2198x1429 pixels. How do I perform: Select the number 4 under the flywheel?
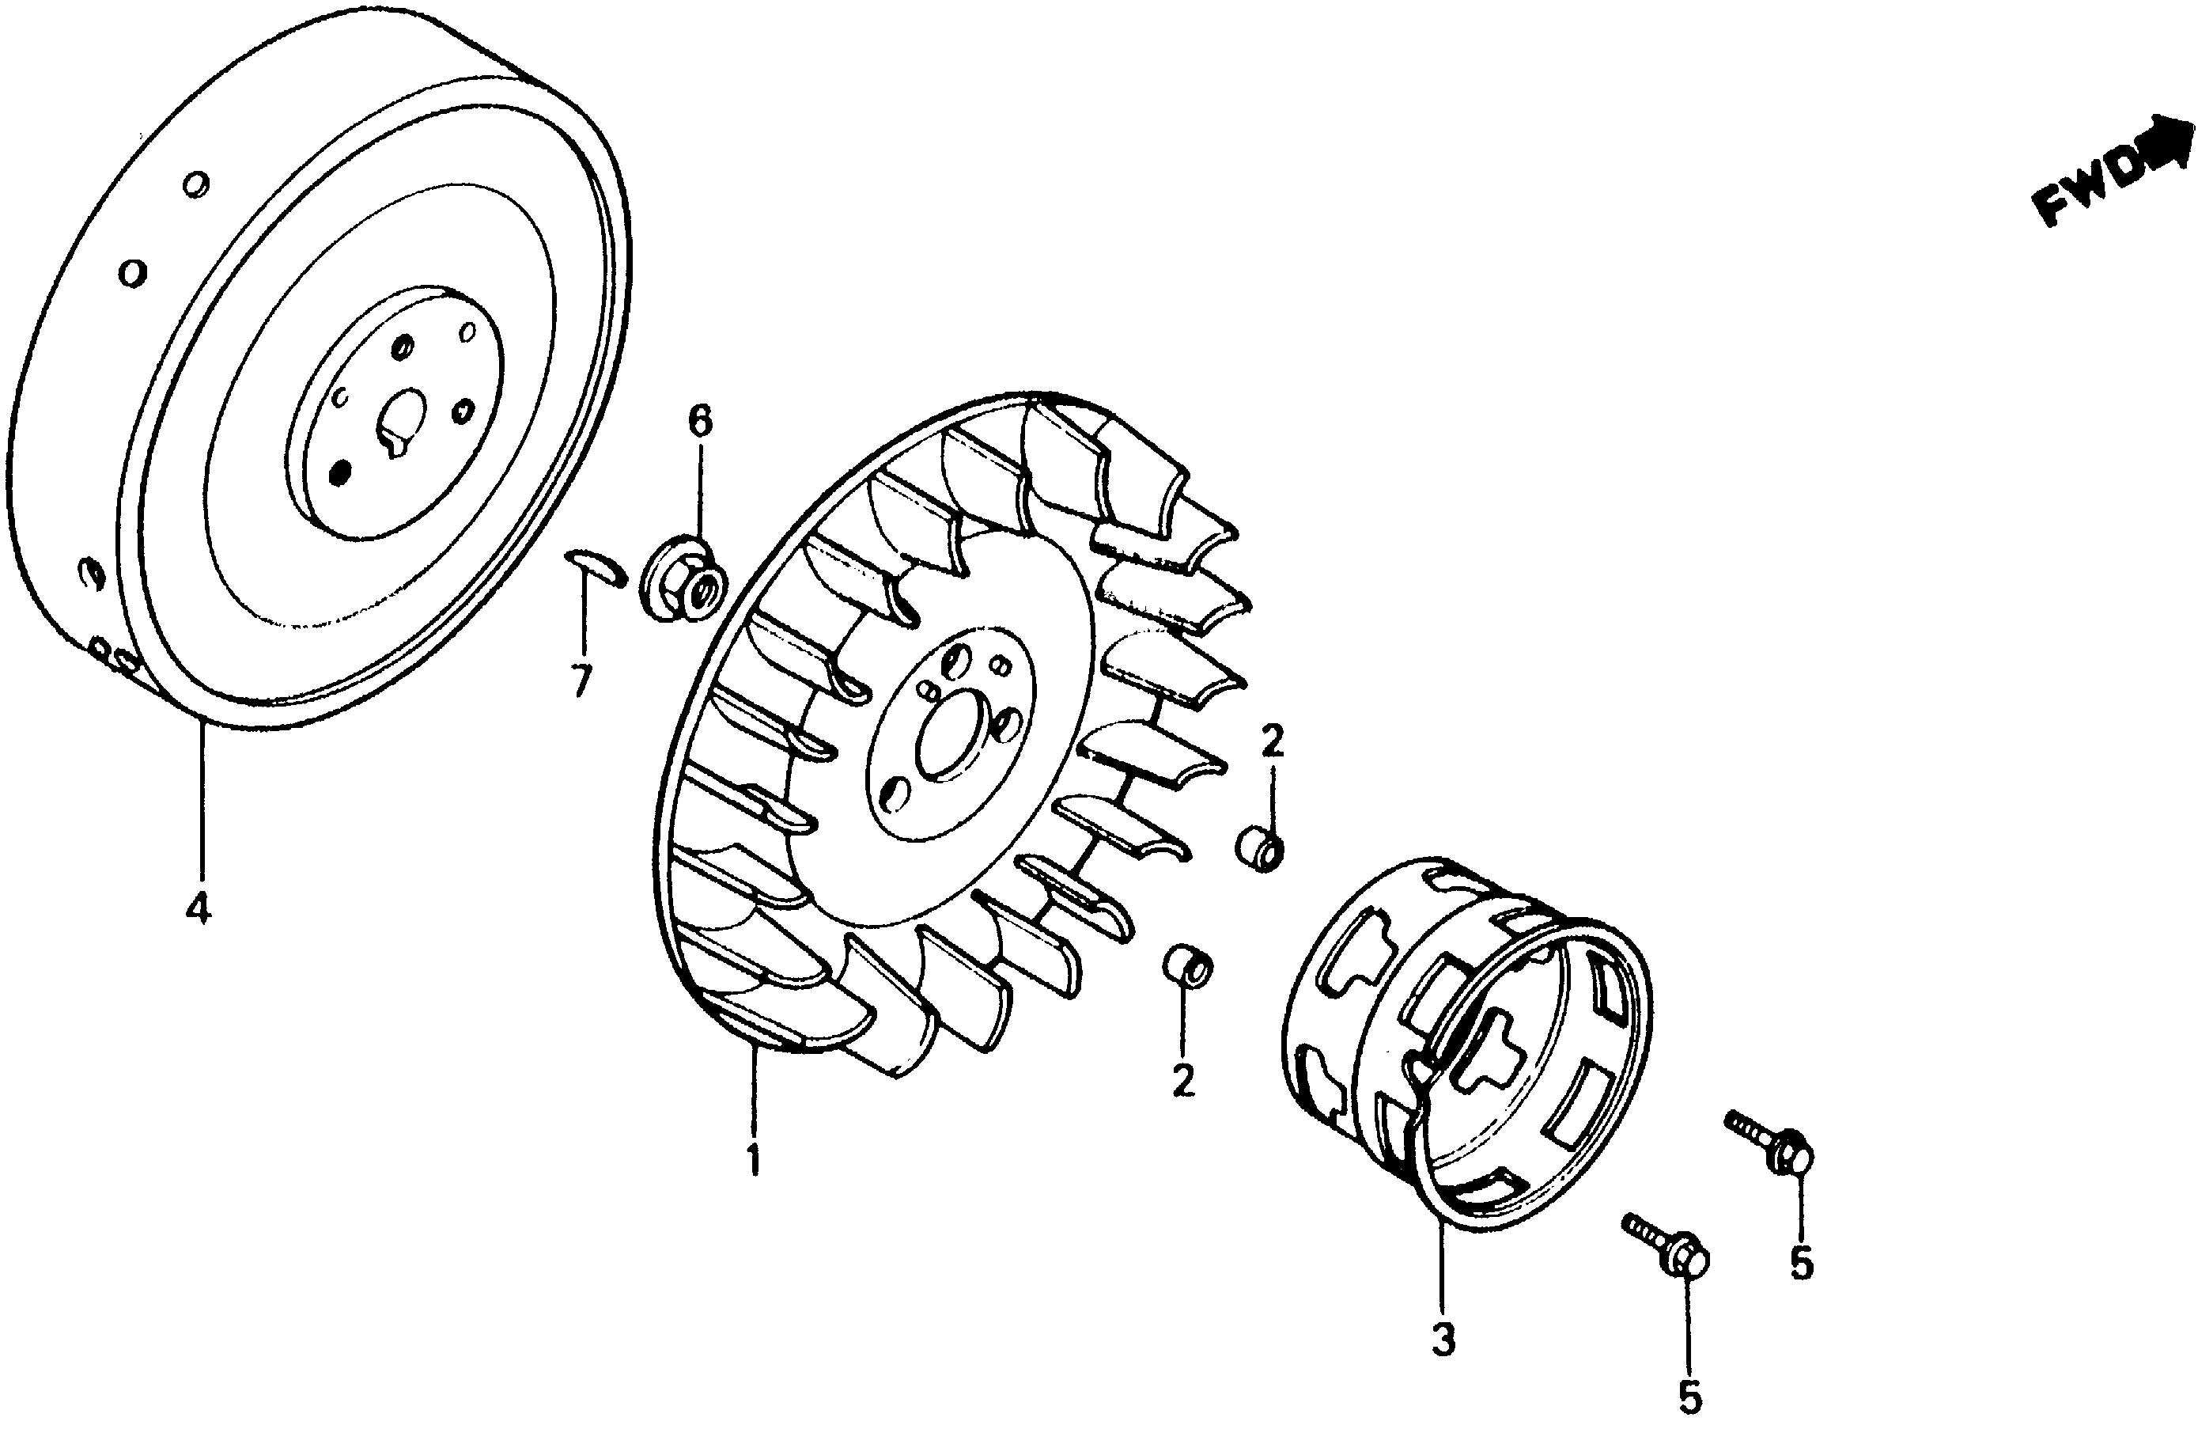197,909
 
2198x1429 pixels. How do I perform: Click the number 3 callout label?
1443,1340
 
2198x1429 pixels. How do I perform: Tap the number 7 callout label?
580,682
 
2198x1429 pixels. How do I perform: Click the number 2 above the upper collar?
1272,741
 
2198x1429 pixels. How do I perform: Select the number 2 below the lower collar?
1183,1080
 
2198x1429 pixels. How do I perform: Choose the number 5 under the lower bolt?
1689,1397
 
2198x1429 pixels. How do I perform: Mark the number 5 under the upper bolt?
1801,1264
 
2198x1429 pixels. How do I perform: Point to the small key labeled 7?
596,565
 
